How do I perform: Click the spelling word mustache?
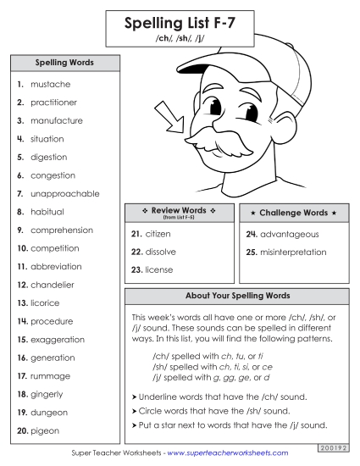click(x=51, y=85)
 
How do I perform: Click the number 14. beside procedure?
click(x=22, y=321)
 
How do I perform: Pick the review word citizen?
click(x=158, y=233)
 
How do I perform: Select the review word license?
click(x=158, y=269)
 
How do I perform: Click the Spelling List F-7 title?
click(x=180, y=25)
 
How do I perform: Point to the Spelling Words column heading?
click(x=64, y=63)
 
